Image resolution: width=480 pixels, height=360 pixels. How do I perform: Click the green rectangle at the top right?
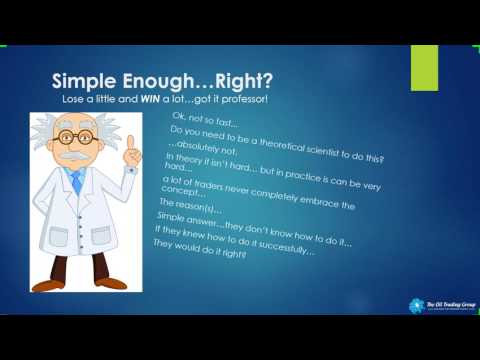pos(426,66)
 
